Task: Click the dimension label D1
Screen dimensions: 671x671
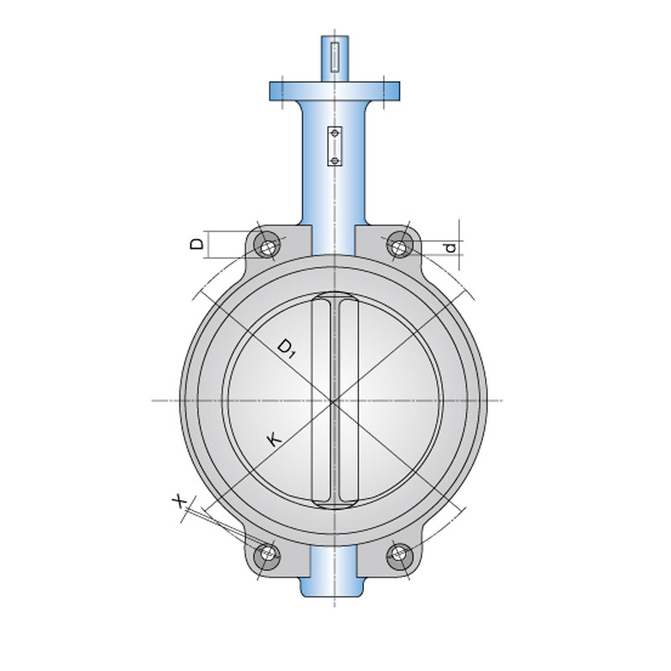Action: pos(286,348)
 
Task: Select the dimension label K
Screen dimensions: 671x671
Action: pos(274,440)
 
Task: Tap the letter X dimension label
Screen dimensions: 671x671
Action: pos(179,500)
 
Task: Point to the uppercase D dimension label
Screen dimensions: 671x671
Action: pos(196,244)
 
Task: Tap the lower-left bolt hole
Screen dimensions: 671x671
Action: pos(268,555)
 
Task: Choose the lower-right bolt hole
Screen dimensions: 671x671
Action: pos(400,555)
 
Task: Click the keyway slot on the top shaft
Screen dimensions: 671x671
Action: pos(335,57)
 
